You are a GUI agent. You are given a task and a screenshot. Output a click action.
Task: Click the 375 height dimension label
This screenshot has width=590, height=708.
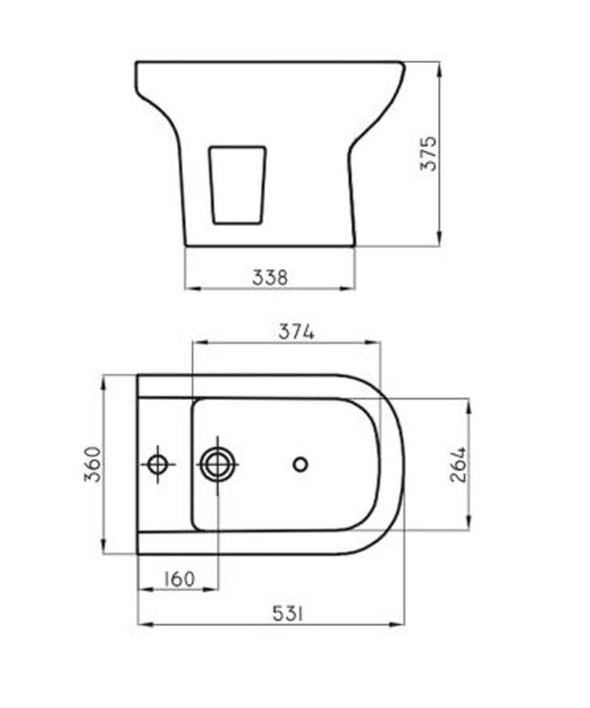(430, 154)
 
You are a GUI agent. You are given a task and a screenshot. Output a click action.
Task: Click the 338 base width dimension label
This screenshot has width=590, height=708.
(269, 276)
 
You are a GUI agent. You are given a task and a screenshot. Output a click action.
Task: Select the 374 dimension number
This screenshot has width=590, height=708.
(296, 332)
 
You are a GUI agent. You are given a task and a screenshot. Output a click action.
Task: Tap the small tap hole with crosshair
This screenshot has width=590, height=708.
(159, 464)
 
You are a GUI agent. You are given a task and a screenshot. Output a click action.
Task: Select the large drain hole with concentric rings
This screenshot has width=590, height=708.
(218, 464)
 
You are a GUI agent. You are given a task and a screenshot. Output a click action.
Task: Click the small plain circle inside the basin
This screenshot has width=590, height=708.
(300, 464)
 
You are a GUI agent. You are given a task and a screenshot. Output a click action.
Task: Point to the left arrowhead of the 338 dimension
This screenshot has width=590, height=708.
(189, 288)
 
